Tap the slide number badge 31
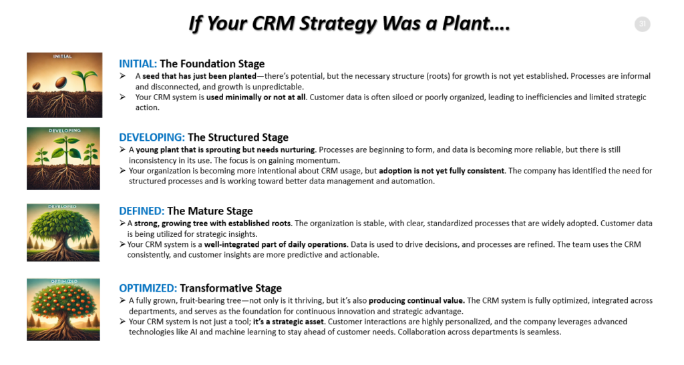coord(642,24)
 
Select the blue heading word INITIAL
coord(138,64)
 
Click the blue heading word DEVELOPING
coord(152,137)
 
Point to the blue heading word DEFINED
coord(142,212)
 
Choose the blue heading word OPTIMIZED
coord(148,288)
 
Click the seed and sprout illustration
coord(65,85)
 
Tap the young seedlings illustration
coord(63,159)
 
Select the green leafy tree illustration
coord(63,233)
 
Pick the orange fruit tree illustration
coord(63,310)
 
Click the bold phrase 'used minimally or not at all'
coord(256,97)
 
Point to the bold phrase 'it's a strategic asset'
coord(289,322)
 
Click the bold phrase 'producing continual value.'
coord(417,301)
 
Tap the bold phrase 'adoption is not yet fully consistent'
coord(442,171)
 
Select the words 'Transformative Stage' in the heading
coord(230,288)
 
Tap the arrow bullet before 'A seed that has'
coord(123,76)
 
